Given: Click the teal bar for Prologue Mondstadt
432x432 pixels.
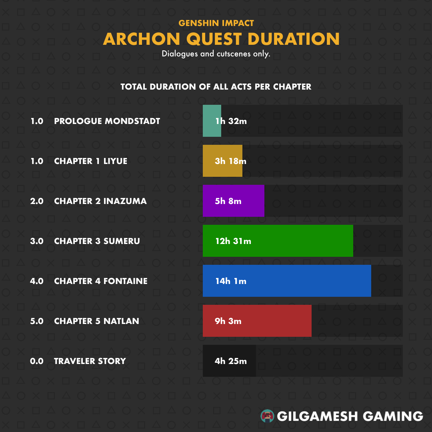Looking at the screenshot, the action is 212,121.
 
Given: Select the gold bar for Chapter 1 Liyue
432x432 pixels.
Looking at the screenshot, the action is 223,161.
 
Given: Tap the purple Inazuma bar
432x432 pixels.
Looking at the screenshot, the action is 234,200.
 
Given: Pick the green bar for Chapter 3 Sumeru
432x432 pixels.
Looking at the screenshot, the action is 278,240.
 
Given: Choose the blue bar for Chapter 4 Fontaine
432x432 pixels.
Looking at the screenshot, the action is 287,281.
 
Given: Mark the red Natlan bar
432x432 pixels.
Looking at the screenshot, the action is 257,321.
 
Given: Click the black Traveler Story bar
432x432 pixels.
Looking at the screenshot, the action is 229,361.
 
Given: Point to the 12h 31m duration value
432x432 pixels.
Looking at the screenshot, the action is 233,241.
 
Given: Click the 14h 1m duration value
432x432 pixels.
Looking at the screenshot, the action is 231,281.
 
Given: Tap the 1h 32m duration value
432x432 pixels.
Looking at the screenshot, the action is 231,121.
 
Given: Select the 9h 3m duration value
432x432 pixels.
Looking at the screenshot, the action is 228,321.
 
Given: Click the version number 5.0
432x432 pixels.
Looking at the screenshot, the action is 37,321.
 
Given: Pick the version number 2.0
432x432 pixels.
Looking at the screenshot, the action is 37,201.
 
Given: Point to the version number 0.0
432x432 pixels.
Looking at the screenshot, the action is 37,361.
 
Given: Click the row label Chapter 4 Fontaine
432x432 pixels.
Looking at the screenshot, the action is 101,281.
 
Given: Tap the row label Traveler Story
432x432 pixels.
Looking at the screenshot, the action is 90,361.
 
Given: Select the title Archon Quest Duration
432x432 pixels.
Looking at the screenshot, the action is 221,39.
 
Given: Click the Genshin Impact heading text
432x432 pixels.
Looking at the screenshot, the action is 216,23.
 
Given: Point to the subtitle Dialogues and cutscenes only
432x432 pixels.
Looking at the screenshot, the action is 216,54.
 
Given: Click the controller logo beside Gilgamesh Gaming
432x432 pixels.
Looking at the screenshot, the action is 267,416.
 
